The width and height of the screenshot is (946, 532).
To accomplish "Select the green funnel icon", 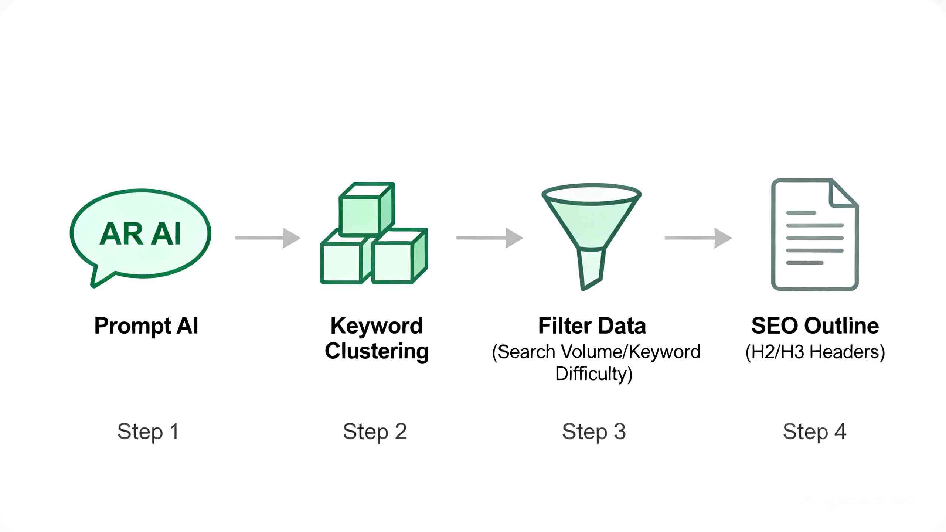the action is (591, 236).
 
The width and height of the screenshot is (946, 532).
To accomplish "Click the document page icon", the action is (815, 235).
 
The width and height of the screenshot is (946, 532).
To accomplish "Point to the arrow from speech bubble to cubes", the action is (268, 238).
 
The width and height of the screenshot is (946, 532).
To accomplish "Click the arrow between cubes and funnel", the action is (490, 238).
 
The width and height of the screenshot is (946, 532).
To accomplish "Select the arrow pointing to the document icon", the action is (698, 238).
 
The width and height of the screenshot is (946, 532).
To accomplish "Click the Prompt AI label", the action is (146, 326).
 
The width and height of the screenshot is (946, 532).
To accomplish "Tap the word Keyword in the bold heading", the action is (377, 326).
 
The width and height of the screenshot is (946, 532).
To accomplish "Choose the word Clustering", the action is (377, 351).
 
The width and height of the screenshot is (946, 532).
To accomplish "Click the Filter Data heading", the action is (592, 326).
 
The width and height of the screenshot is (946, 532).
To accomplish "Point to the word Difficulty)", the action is (594, 374).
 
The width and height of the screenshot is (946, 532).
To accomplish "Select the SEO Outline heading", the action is (815, 326).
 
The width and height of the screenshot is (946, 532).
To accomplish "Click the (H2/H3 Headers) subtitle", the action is (815, 352).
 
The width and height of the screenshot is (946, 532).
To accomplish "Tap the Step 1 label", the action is (148, 432).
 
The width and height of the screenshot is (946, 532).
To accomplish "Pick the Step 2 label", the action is (375, 432).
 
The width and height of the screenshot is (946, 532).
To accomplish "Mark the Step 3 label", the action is (594, 432).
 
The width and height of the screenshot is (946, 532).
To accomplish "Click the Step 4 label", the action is (814, 432).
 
